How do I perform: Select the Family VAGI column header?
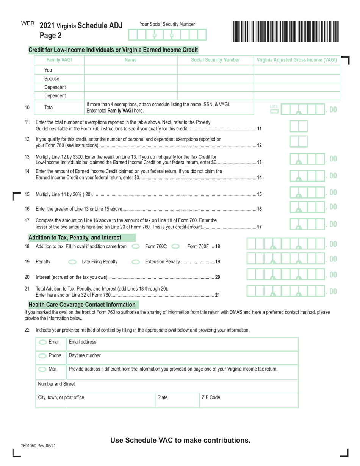[59, 60]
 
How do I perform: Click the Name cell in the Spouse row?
[130, 79]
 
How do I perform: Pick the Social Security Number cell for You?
[215, 70]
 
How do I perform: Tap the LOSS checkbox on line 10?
[274, 111]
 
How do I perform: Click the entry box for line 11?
[299, 126]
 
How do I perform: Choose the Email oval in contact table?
[44, 342]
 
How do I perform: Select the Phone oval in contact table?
[44, 355]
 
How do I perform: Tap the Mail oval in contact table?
[44, 369]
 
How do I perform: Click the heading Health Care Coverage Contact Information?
[82, 305]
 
